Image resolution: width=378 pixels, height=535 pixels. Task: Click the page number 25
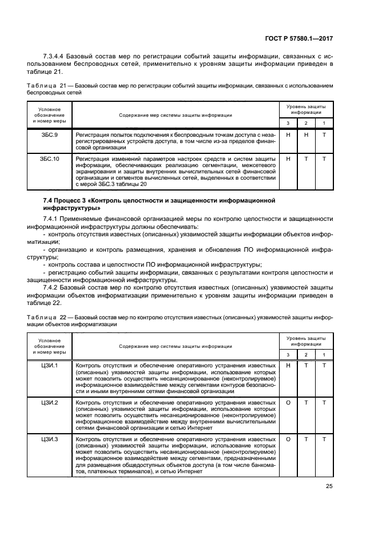point(328,486)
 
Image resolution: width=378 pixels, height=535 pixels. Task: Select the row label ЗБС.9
point(49,134)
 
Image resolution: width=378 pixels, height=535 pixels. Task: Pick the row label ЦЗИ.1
point(49,365)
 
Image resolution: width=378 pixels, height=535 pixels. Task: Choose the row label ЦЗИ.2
point(49,403)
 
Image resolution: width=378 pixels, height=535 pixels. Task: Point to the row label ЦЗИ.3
point(49,439)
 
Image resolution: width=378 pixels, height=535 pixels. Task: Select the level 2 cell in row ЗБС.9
point(306,134)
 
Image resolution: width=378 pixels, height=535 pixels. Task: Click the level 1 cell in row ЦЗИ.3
point(324,439)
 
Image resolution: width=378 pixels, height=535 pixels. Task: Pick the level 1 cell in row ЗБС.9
point(324,134)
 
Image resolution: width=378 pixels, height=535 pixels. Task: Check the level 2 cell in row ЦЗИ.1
point(306,365)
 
